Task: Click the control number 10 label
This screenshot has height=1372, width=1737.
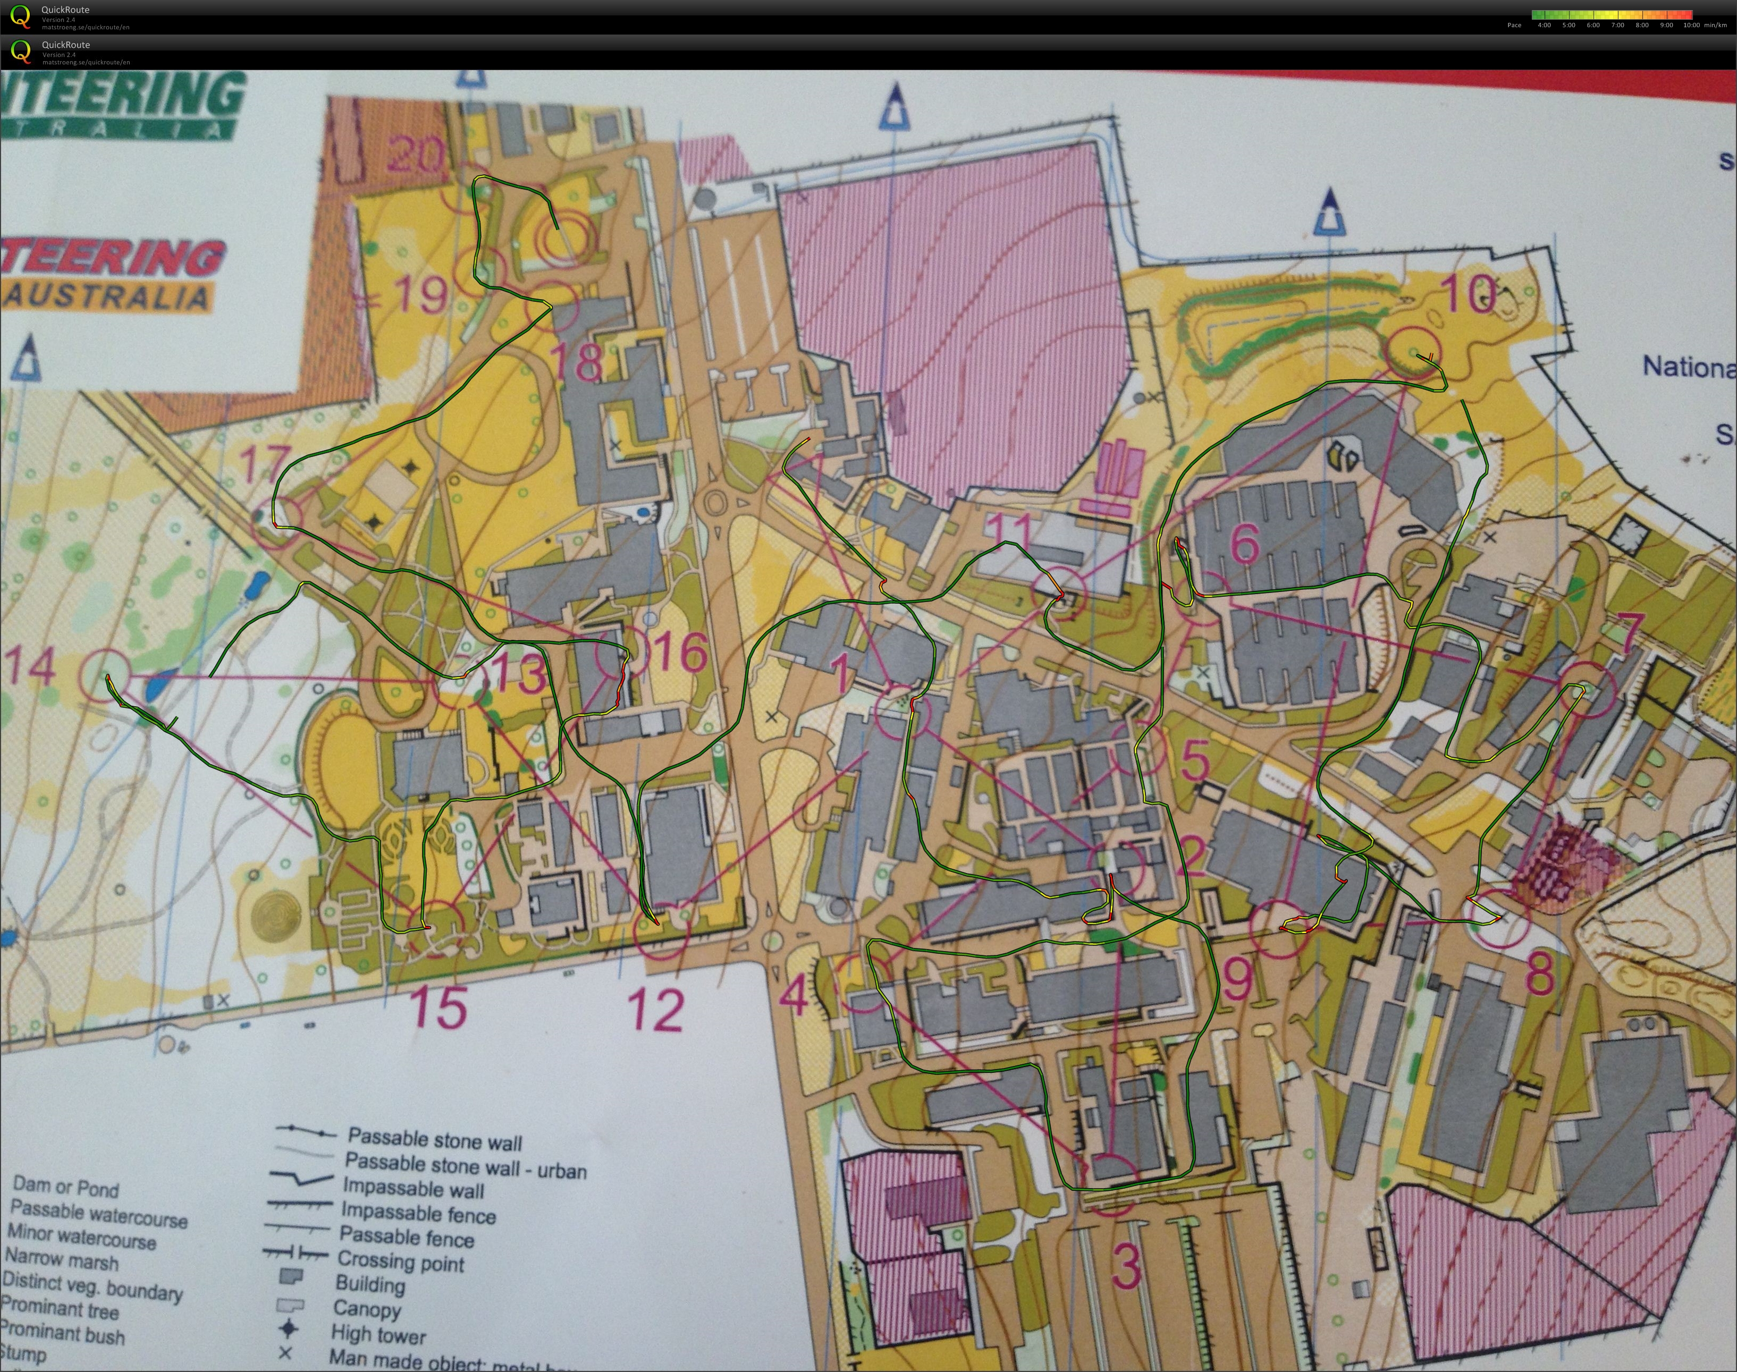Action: tap(1470, 295)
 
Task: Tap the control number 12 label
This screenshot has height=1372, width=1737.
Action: tap(657, 1010)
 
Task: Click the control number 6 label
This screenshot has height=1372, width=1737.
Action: tap(1244, 544)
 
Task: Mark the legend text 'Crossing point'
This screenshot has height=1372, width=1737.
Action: tap(400, 1262)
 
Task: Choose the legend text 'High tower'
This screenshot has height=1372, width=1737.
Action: tap(377, 1335)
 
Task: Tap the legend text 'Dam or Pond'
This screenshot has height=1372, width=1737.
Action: tap(66, 1187)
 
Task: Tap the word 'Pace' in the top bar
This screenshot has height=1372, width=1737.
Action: tap(1514, 26)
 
